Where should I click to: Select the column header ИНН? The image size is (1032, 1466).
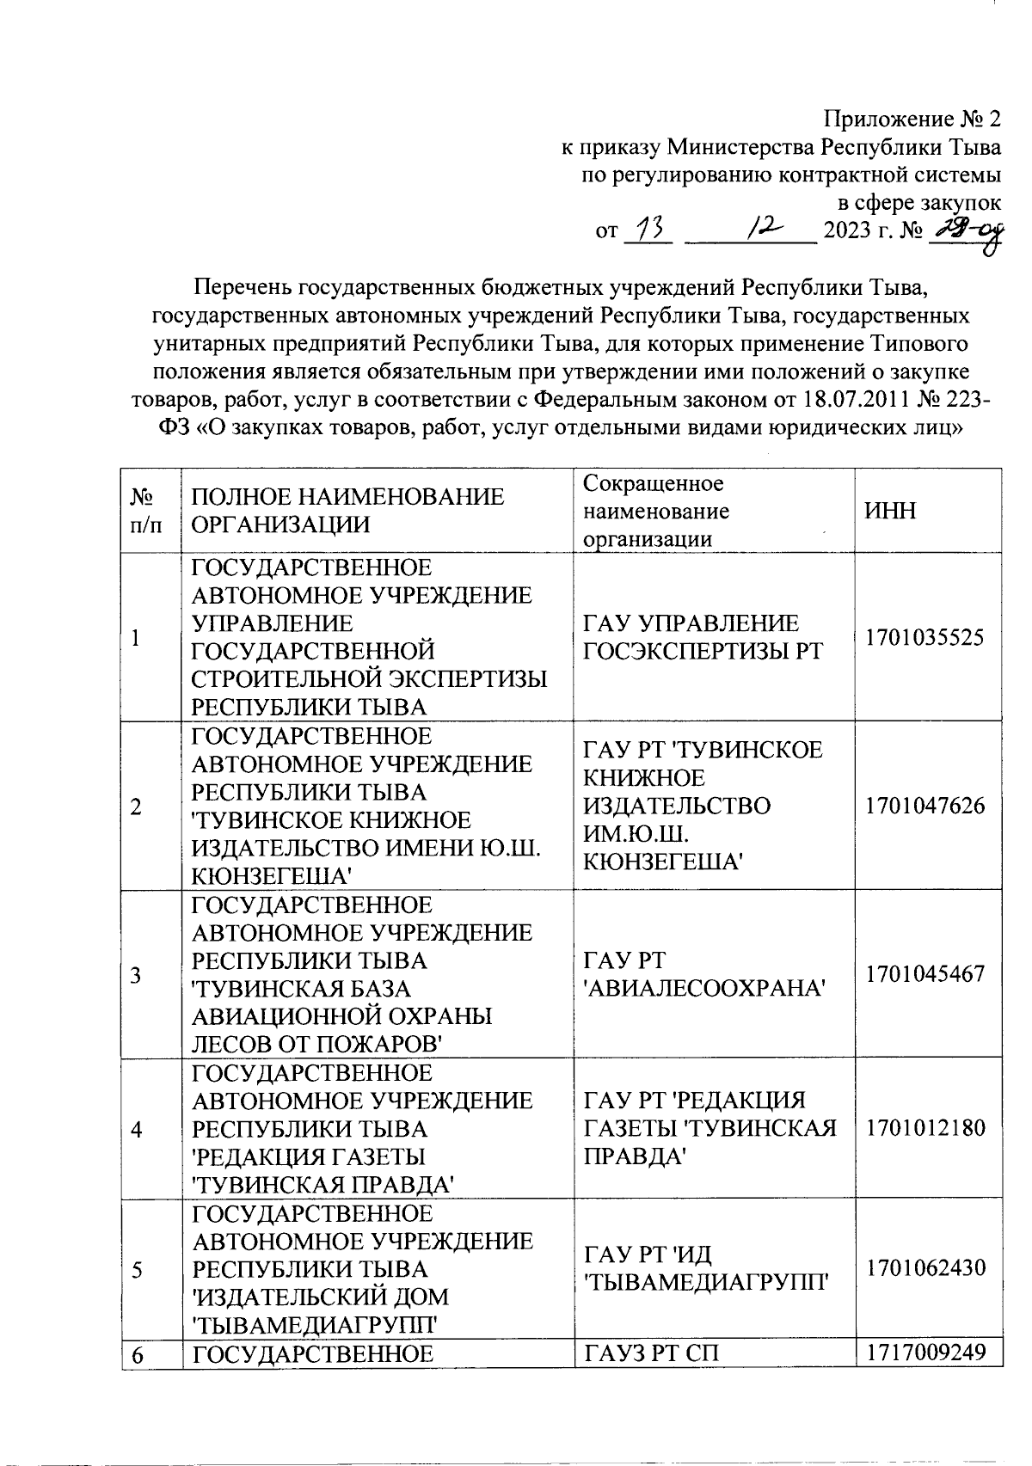click(891, 511)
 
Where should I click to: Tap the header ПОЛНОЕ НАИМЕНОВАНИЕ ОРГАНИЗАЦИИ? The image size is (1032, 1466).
click(347, 511)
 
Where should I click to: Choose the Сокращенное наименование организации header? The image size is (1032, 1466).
click(654, 511)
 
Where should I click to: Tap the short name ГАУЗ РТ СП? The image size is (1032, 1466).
click(652, 1353)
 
